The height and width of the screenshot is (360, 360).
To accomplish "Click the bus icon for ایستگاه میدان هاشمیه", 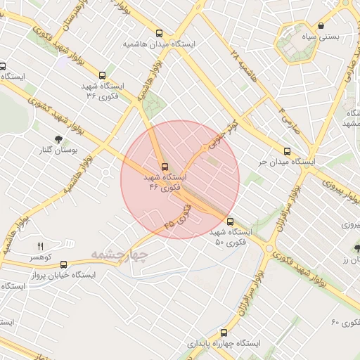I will coord(160,32).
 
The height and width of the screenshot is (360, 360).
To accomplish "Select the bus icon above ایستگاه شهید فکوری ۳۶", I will coord(103,75).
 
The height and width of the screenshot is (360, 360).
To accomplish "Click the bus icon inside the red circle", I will coord(165,167).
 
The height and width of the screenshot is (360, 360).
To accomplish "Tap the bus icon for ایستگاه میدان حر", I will coord(286,150).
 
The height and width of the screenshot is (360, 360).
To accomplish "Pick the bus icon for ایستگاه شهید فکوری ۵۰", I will coord(230,221).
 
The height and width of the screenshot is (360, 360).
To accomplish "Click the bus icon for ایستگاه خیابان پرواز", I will coord(64,265).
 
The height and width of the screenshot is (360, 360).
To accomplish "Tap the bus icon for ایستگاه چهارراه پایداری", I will coord(224,333).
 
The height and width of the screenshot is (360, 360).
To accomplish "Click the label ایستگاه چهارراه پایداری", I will coord(224,344).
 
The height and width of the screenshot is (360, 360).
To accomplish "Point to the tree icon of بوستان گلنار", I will coord(58,139).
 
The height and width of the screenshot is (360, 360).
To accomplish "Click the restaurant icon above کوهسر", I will coord(40,246).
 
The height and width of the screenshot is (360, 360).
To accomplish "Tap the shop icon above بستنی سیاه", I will coord(321,26).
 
